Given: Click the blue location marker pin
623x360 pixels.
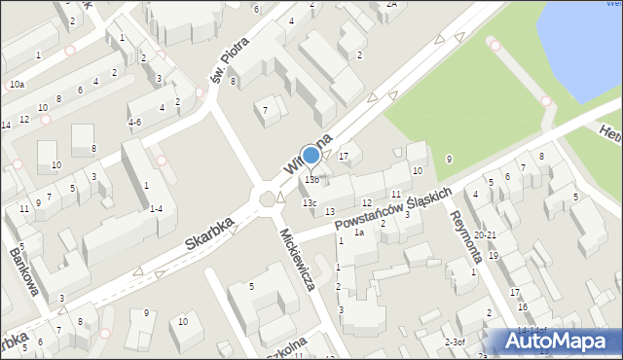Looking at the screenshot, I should (x=311, y=156).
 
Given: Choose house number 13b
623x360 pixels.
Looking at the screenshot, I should (x=311, y=180).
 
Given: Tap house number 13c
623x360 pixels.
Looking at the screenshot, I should (x=309, y=202).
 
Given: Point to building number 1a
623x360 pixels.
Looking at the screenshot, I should (x=359, y=233).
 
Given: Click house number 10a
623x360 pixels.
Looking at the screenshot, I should (x=17, y=85).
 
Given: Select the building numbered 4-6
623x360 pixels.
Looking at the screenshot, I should (x=135, y=122).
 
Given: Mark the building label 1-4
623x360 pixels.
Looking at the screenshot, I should (x=156, y=208).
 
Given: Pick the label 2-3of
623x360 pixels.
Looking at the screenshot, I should (x=456, y=342).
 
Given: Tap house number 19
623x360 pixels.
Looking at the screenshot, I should (x=494, y=256).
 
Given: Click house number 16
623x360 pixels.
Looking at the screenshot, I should (x=522, y=307).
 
